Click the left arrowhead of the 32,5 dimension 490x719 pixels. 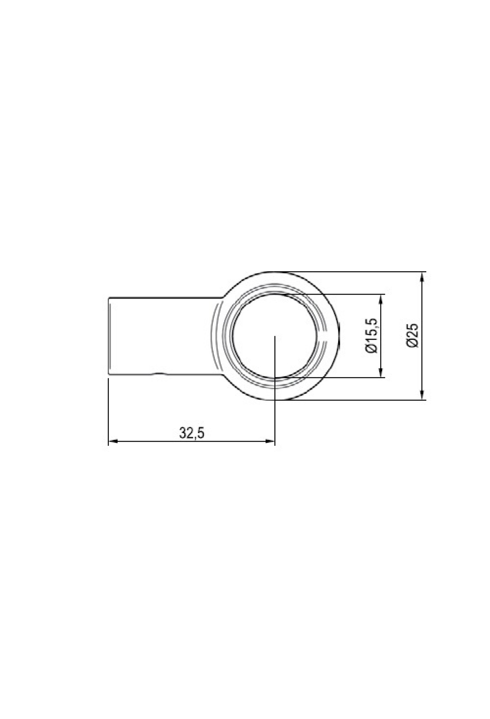[x=113, y=441]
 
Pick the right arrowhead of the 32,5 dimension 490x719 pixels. [x=270, y=441]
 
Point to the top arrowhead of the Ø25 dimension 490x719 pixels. [x=422, y=277]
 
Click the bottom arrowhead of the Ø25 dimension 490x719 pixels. [x=422, y=394]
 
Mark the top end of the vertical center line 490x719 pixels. [x=276, y=336]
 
